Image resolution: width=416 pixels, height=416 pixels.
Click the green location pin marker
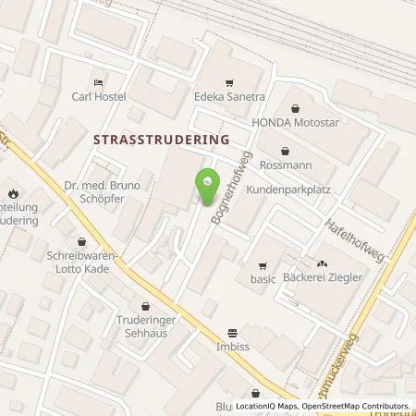[205, 182]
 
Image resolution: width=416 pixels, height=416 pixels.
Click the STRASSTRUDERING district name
[162, 138]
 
